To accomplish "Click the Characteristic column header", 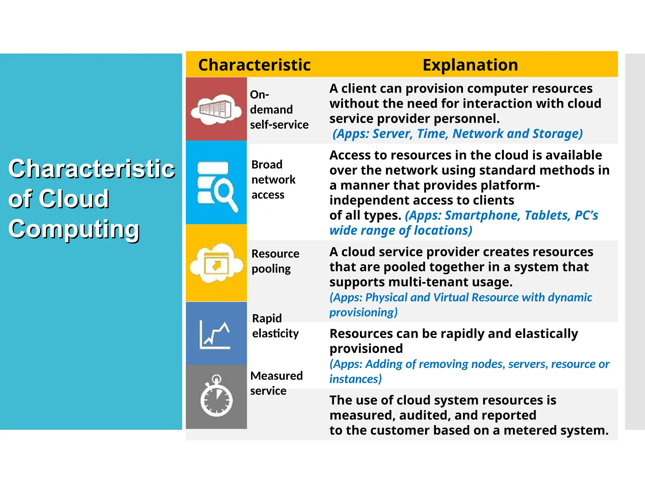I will point(254,65).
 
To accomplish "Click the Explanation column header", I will point(470,65).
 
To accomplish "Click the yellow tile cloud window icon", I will point(216,263).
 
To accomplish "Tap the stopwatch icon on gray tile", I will point(216,397).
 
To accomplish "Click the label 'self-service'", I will point(279,125).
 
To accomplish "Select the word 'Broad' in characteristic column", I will point(267,164).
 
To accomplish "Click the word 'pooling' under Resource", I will point(271,269).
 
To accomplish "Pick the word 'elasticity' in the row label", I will point(275,333).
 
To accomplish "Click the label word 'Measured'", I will point(276,376).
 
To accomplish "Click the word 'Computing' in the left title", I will point(74,229).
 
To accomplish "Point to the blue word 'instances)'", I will point(355,379).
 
